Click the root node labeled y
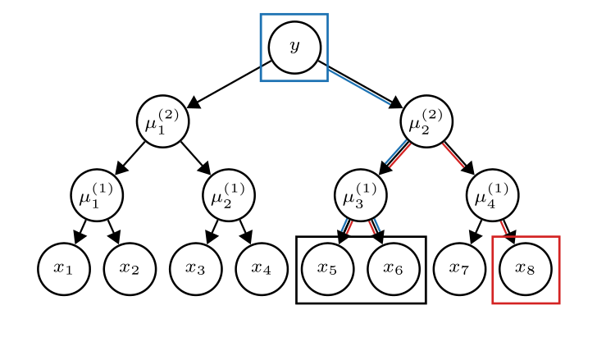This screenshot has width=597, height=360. coord(294,48)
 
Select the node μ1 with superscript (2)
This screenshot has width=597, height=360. coord(162,121)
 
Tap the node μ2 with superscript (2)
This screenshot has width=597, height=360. coord(426,121)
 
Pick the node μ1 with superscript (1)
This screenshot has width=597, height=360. coord(97,195)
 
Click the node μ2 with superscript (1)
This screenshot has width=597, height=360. coord(229,195)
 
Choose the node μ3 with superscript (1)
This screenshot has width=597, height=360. coord(361,195)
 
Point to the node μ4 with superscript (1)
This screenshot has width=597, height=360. coord(492,195)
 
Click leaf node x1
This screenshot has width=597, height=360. coord(64,268)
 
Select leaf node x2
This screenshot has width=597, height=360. coord(130,268)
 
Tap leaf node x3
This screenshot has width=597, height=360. coord(195,268)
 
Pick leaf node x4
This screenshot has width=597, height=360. coord(261,268)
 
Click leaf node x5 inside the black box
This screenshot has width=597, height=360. coord(328,268)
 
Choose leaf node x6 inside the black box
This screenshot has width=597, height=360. coord(394,268)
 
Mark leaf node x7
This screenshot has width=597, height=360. coord(460,268)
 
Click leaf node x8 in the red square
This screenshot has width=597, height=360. coord(526,268)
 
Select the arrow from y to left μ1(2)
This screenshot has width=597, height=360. coord(230,84)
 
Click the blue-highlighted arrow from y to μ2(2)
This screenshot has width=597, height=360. coord(359,84)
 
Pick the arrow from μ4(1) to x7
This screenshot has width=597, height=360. coord(476,230)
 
